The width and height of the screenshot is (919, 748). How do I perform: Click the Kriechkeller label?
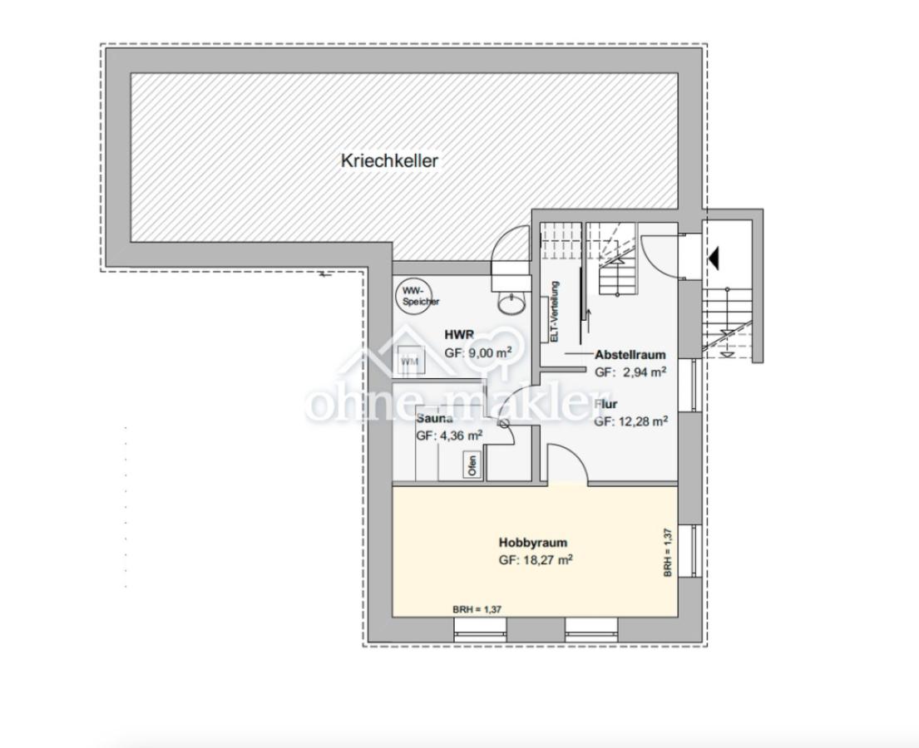pos(389,160)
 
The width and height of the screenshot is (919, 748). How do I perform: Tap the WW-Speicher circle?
pos(410,296)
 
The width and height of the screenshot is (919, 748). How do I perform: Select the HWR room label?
pos(460,334)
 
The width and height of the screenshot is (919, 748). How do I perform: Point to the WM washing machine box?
pos(409,362)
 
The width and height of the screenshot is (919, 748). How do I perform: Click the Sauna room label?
pos(434,419)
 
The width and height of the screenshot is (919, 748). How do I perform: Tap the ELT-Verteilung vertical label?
pos(555,311)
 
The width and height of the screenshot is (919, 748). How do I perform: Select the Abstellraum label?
pos(630,355)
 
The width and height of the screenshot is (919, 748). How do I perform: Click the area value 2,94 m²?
pos(643,372)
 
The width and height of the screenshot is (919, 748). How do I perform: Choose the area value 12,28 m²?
pos(642,421)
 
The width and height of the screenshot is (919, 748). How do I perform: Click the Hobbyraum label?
pos(532,543)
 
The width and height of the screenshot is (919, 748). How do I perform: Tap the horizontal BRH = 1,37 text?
pos(477,609)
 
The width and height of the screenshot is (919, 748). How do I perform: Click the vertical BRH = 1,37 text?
pos(668,553)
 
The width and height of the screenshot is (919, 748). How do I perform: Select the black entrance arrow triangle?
pos(713,258)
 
